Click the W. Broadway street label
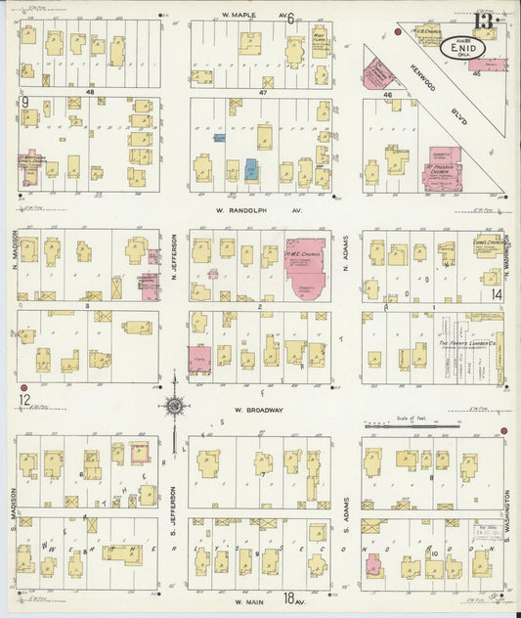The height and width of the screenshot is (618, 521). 258,411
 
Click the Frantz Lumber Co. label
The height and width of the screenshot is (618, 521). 465,344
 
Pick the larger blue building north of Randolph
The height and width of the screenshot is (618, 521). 251,169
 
